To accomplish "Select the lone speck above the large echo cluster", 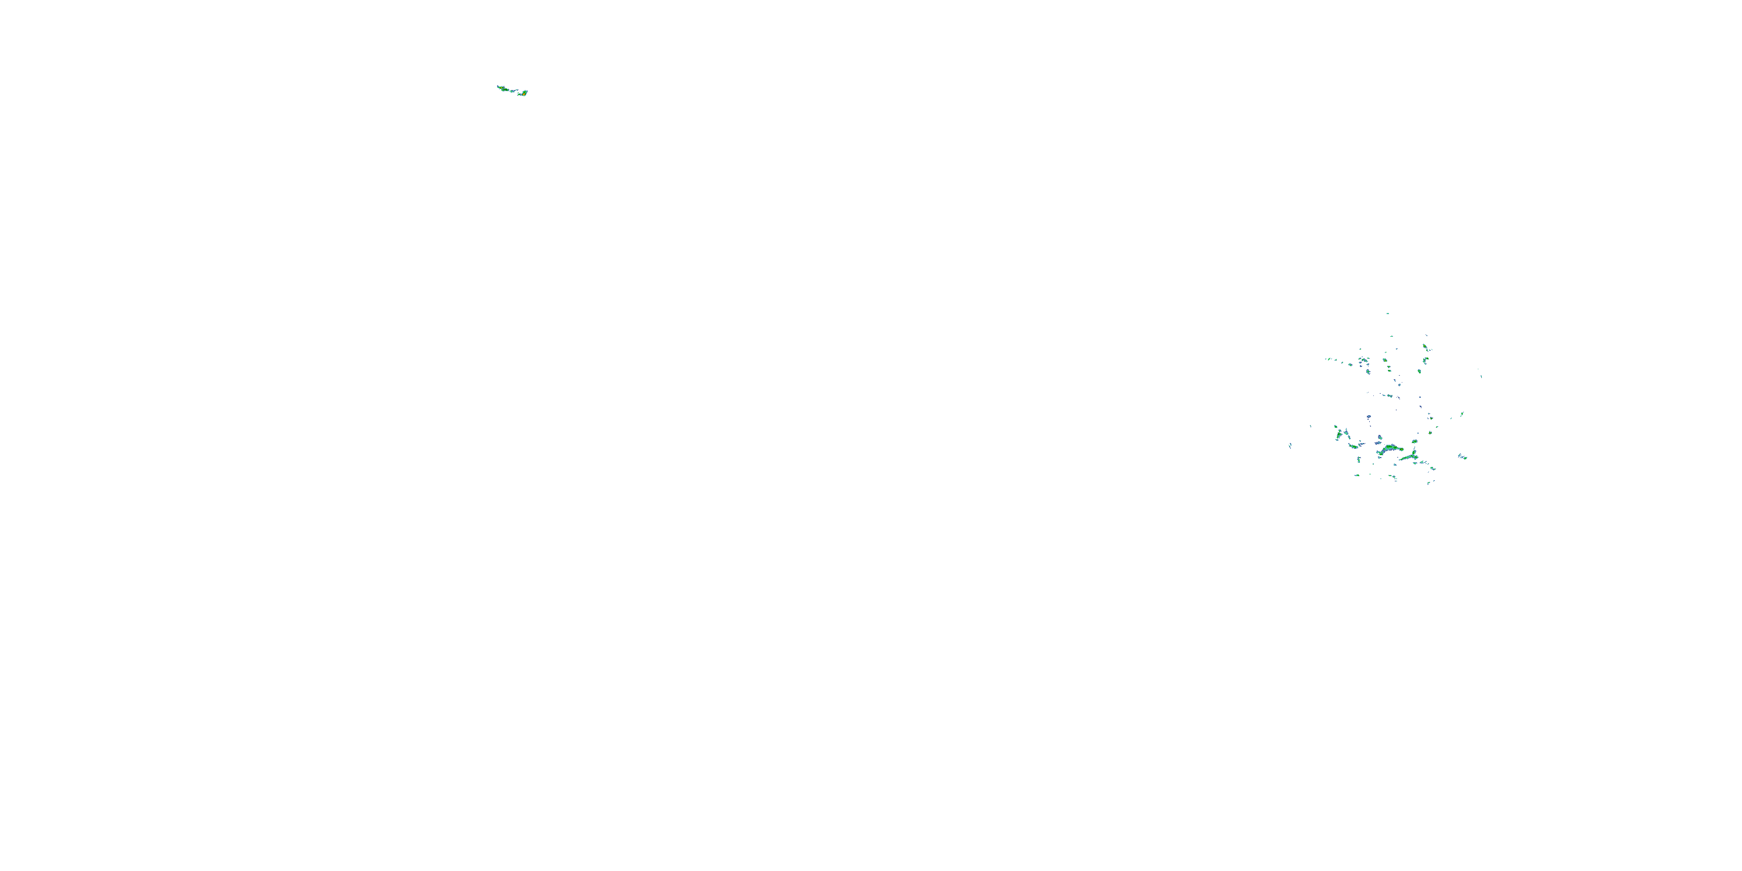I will tap(1388, 313).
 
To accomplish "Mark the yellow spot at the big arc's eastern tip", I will tap(1401, 448).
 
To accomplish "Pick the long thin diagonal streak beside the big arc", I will tap(1409, 457).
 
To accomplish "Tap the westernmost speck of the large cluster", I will tap(1290, 445).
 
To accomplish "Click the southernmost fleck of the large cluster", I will tap(1428, 483).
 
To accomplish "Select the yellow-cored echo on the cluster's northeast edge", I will tap(1425, 347).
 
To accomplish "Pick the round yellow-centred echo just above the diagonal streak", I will tap(1414, 441).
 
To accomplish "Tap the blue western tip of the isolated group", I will tap(498, 87).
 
